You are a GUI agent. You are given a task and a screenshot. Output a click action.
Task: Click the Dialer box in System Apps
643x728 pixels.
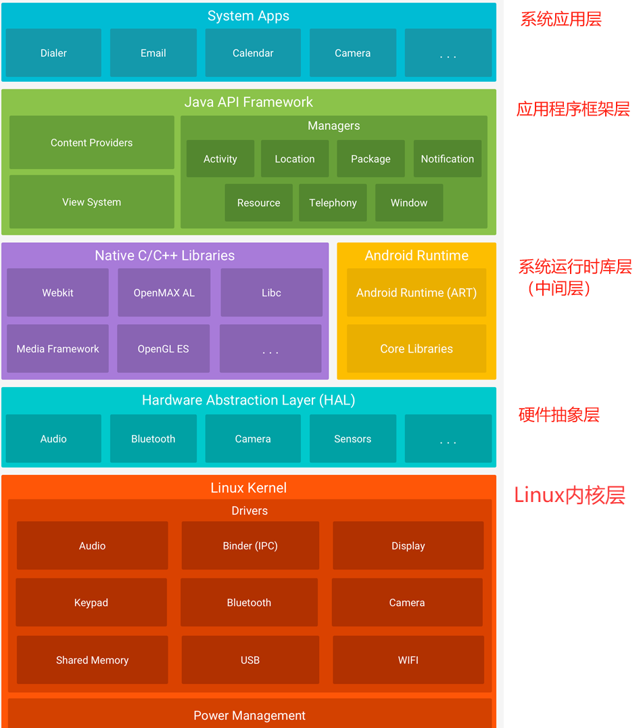53,53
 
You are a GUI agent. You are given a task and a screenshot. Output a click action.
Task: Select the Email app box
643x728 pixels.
153,53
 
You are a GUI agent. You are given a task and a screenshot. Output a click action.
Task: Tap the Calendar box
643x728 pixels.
253,53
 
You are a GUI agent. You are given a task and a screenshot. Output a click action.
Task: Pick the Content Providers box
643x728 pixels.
91,143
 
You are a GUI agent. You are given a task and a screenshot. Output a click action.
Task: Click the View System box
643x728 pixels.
91,202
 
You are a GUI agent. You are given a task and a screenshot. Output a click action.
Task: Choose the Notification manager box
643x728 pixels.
447,159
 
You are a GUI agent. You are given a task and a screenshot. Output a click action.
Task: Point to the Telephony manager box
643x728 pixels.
333,203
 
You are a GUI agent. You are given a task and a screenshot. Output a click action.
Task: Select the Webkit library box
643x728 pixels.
57,293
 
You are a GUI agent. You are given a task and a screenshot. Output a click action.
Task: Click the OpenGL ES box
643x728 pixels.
163,349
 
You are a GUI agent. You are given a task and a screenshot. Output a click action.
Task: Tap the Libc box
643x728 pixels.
271,293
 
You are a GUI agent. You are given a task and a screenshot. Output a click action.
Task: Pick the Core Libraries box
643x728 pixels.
416,349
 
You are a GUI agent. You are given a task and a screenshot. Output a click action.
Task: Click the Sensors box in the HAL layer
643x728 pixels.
352,439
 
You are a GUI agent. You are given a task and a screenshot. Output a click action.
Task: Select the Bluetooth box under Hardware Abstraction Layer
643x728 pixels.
153,439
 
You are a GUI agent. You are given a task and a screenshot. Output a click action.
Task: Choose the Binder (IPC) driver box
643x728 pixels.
250,546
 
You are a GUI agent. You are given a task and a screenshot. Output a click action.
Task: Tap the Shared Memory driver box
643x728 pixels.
92,660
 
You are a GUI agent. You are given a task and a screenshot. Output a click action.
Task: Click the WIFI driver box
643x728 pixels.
408,660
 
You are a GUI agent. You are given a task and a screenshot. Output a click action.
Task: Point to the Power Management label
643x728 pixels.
249,716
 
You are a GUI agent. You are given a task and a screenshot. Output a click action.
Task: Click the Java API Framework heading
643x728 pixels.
249,102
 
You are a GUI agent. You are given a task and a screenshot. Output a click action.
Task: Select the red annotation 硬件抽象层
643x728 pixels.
558,415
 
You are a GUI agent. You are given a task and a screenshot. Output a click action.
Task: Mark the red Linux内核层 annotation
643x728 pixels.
569,495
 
